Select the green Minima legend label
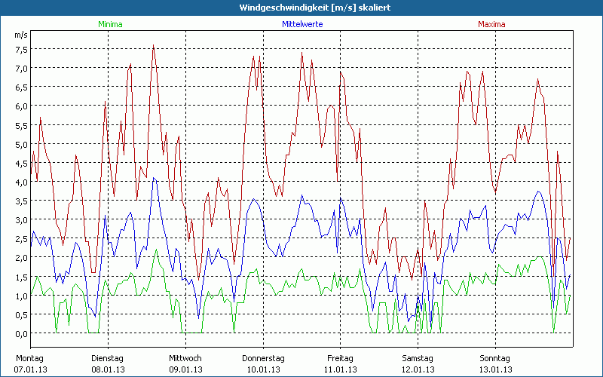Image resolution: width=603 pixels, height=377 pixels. point(109,24)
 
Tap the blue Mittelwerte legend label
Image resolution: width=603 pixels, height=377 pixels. point(302,24)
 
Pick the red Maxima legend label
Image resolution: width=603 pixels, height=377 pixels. point(491,24)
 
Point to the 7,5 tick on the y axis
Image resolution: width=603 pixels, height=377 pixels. point(21,49)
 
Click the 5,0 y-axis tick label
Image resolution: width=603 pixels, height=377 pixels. point(21,144)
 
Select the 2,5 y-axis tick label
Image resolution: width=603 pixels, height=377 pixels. point(21,238)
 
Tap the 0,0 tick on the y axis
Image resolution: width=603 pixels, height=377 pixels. point(21,333)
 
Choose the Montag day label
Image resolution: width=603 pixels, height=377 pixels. point(30,358)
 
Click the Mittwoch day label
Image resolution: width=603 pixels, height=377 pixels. point(185,358)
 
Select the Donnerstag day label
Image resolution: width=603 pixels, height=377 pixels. point(263,358)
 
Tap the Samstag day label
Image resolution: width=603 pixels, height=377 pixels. point(418,358)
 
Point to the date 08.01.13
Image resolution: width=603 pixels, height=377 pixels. point(109,369)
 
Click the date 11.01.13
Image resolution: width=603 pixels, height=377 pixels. point(341,369)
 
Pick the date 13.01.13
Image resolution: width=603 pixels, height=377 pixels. point(495,369)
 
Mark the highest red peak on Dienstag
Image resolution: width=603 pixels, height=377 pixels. point(154,45)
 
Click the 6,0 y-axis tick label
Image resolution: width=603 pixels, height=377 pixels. point(21,106)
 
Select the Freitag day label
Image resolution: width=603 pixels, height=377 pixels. point(341,358)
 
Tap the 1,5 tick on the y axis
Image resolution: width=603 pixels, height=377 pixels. point(21,277)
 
